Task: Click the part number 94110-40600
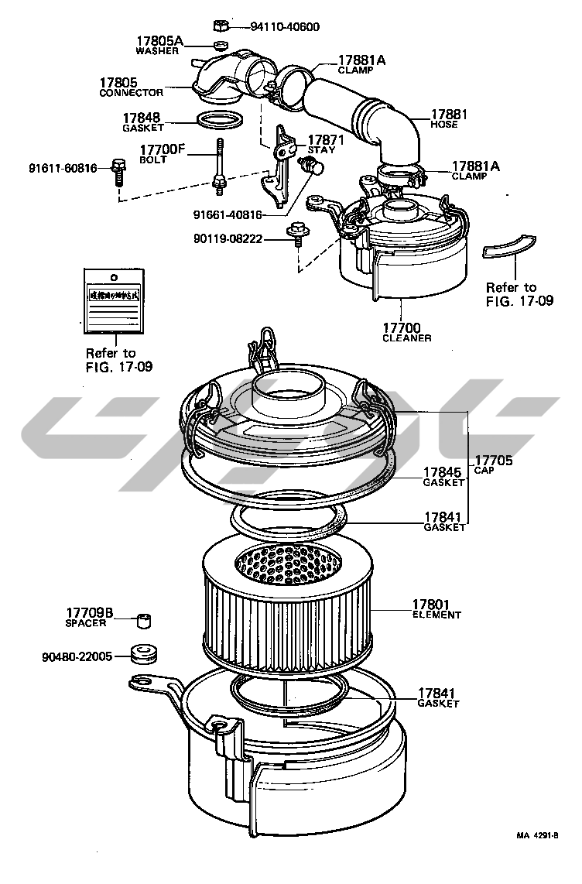click(285, 27)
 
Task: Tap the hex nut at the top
click(219, 25)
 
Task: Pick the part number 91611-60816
click(63, 167)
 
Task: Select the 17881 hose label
click(450, 118)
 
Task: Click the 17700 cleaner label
click(407, 332)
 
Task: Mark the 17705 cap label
click(493, 464)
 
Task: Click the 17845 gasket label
click(443, 476)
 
